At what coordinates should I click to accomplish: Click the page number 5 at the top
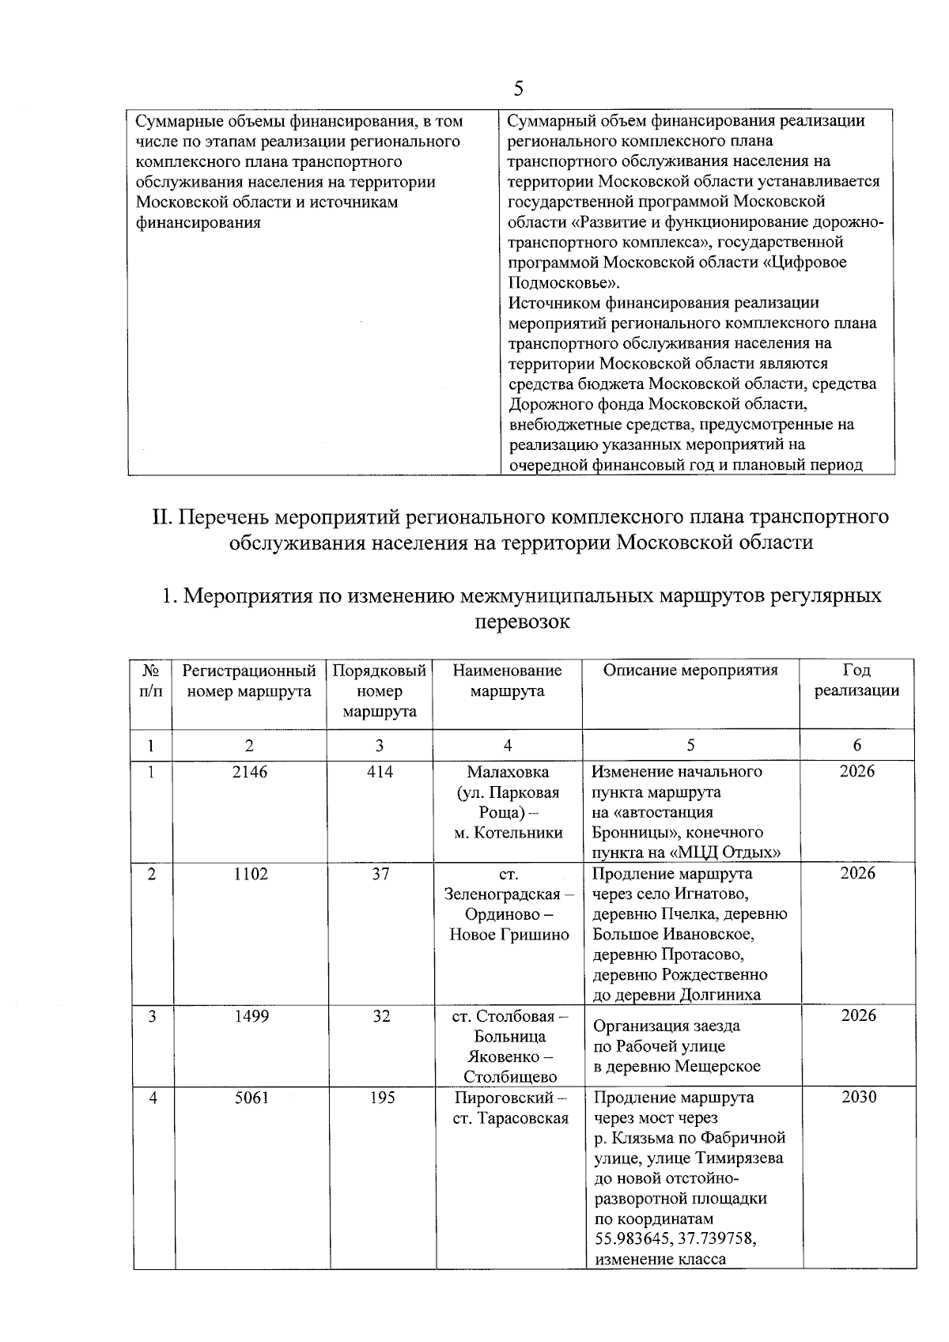point(519,89)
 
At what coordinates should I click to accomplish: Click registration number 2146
point(250,772)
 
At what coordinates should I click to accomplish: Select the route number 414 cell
point(380,772)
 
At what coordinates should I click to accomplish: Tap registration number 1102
point(250,874)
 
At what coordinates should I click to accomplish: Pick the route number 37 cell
point(380,874)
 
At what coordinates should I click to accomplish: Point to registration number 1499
point(251,1016)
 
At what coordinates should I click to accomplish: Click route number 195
point(382,1098)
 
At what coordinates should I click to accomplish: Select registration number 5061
point(251,1098)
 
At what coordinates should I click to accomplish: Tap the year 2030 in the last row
point(859,1098)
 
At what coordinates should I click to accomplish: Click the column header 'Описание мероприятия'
point(690,671)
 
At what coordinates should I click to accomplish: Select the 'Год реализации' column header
point(857,680)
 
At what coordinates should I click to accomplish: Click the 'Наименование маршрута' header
point(507,680)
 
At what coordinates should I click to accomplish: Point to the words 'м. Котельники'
point(508,833)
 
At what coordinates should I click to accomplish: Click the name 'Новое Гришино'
point(509,935)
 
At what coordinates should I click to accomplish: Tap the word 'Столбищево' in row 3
point(510,1077)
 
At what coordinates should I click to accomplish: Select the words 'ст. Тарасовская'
point(511,1118)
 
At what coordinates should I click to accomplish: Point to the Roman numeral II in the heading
point(161,517)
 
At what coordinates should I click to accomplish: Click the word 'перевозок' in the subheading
point(521,622)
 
